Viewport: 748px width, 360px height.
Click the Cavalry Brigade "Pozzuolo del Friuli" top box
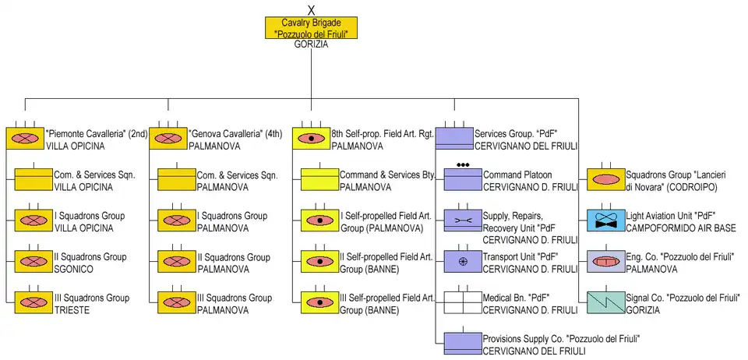[311, 28]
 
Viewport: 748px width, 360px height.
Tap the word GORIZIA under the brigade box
[311, 45]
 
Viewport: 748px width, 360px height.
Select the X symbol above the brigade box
[311, 9]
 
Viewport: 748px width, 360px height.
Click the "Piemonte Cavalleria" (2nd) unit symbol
[25, 138]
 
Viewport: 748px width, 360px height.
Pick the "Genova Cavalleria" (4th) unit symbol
[168, 138]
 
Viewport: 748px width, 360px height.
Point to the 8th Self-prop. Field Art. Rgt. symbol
[311, 138]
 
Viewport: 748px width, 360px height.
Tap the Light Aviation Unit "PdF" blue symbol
[605, 220]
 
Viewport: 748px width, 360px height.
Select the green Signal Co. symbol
[605, 302]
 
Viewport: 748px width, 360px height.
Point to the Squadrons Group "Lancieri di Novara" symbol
[605, 179]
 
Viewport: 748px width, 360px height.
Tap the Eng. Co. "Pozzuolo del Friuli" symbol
[605, 261]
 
